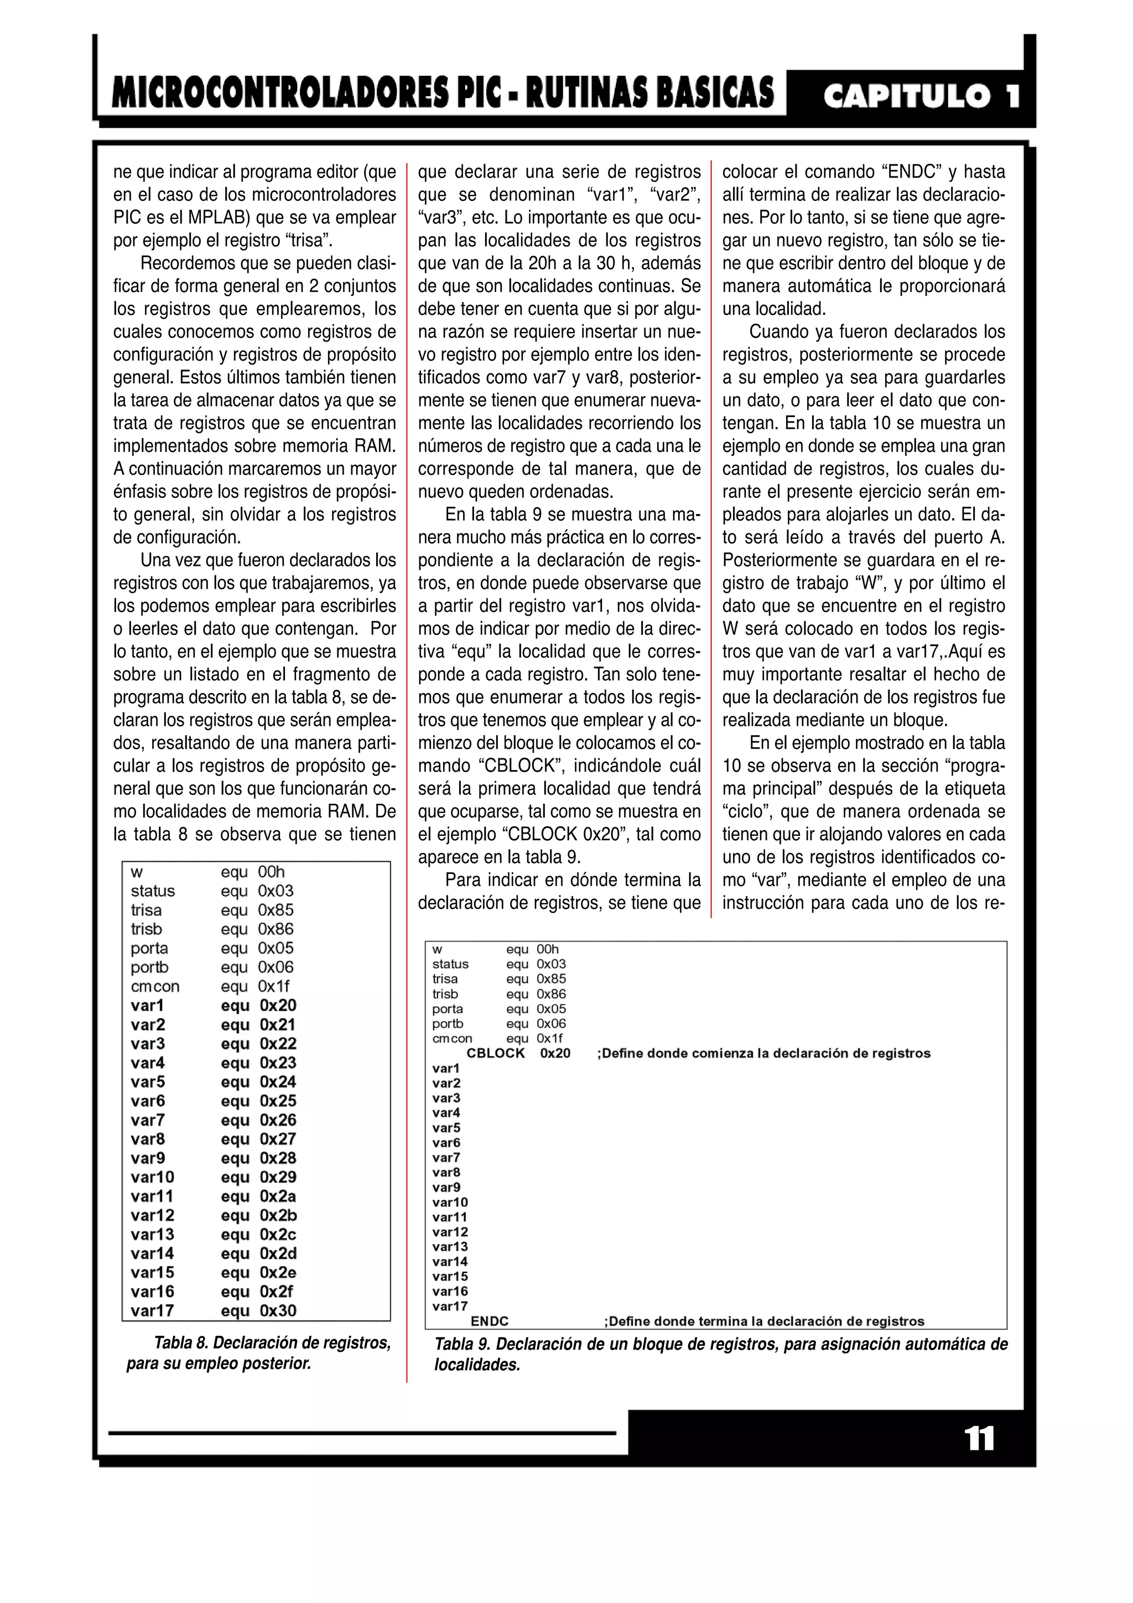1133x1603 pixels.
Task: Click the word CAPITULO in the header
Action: coord(906,96)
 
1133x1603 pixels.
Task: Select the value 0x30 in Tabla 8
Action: coord(278,1310)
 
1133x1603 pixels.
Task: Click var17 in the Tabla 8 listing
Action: coord(152,1310)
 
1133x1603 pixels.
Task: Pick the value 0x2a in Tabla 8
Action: coord(278,1196)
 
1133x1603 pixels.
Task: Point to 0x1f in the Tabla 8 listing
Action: coord(274,986)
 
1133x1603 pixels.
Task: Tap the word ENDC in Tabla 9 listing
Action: coord(490,1321)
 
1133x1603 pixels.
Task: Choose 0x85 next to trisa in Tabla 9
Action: coord(552,979)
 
